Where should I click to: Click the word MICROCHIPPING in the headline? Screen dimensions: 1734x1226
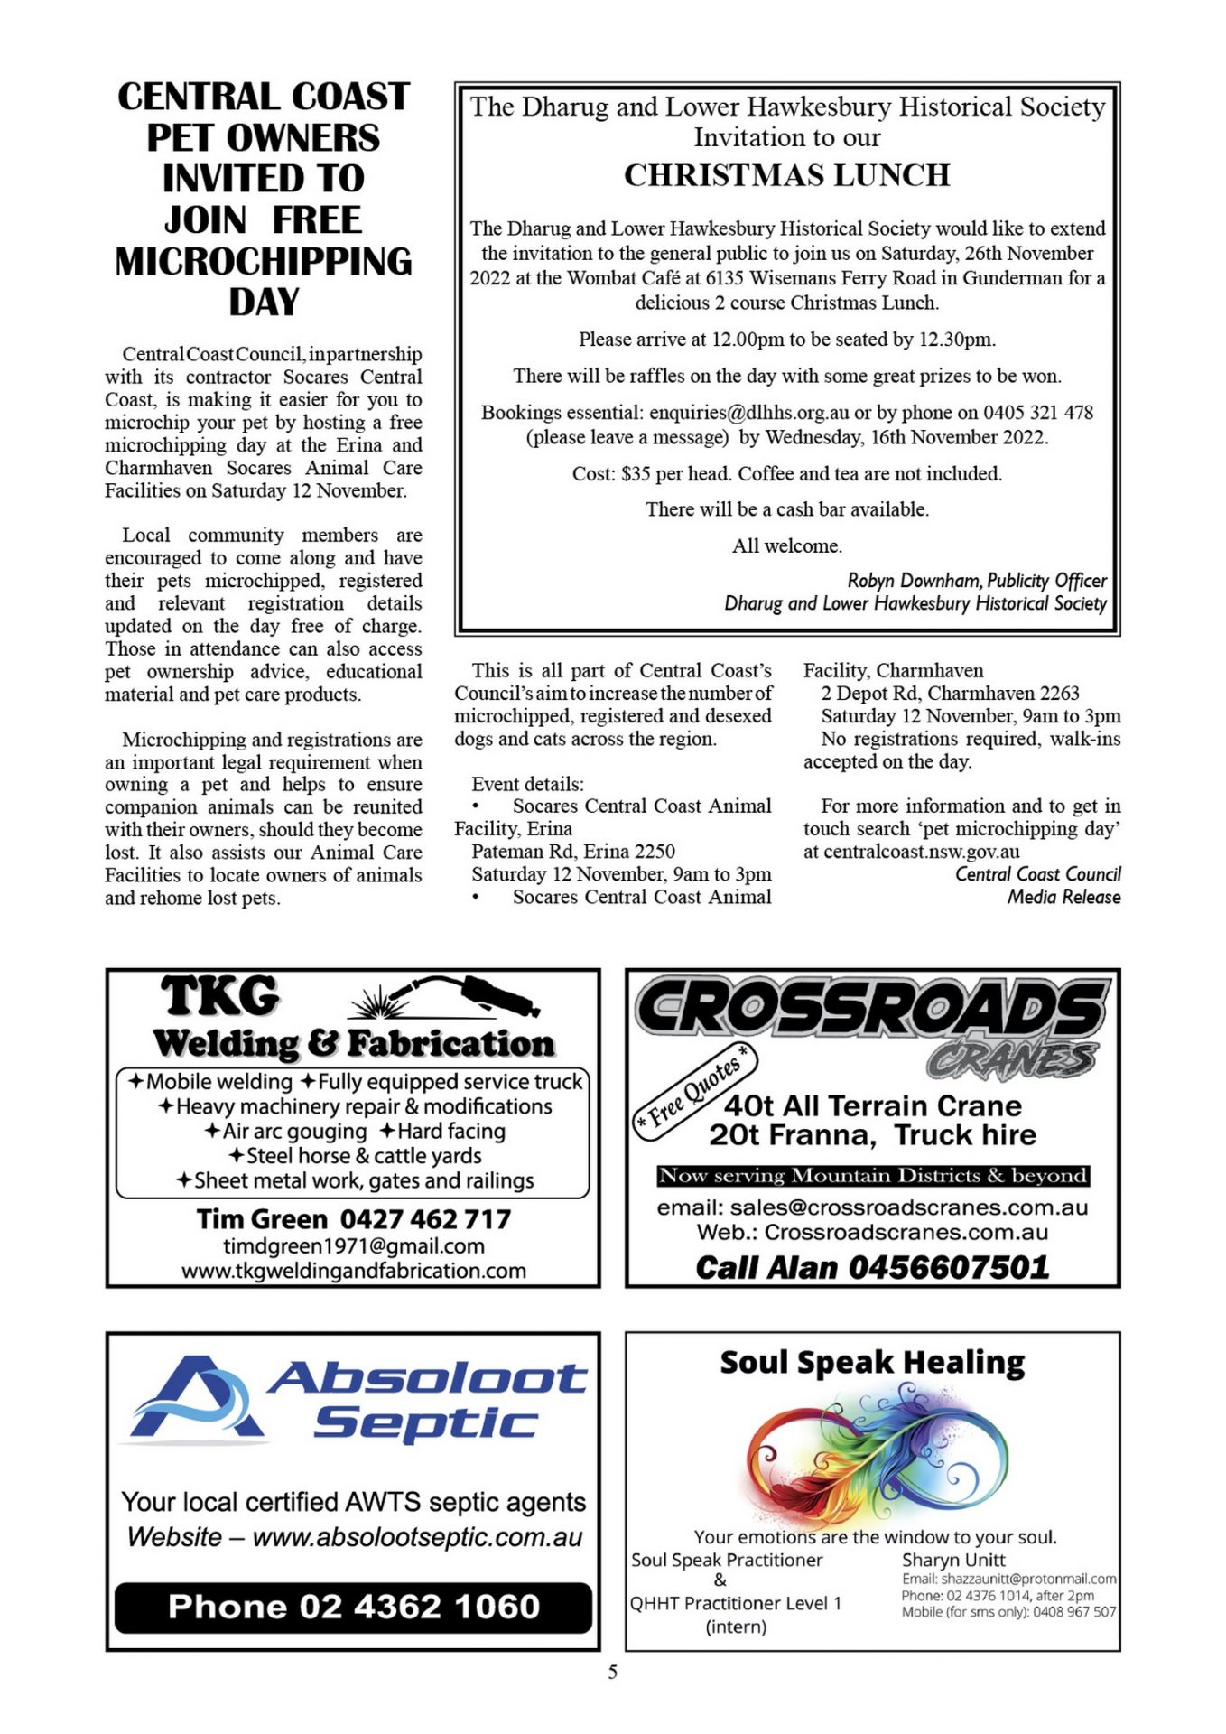[x=264, y=262]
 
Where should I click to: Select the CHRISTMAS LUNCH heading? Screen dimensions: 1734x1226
[x=786, y=175]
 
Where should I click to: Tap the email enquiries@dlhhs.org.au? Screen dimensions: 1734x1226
[x=748, y=413]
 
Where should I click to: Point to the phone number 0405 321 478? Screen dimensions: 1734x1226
[x=1038, y=413]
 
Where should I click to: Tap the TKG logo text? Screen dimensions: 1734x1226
[x=220, y=996]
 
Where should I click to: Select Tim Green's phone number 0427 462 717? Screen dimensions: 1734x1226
[x=425, y=1219]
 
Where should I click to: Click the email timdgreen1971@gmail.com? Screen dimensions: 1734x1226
[x=353, y=1246]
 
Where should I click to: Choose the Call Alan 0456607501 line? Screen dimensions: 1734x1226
[x=872, y=1267]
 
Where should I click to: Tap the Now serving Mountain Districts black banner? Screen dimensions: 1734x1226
[x=872, y=1176]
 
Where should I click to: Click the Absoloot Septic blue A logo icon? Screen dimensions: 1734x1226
[x=195, y=1398]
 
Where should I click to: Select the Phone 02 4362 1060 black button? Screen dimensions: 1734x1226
[x=353, y=1607]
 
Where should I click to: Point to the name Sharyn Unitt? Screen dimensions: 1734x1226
[x=953, y=1560]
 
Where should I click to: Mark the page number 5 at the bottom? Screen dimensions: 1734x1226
[x=613, y=1673]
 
